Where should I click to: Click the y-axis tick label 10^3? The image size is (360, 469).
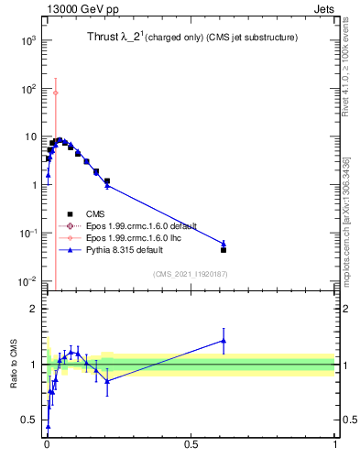[x=27, y=41]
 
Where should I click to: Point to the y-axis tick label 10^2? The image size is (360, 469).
[x=27, y=89]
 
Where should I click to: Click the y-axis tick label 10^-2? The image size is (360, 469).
[x=27, y=280]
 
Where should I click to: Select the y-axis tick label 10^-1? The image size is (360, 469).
[x=27, y=233]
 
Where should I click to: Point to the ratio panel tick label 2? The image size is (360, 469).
[x=33, y=309]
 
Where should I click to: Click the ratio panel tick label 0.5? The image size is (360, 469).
[x=28, y=420]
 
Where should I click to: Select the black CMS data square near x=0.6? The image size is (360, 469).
[x=224, y=249]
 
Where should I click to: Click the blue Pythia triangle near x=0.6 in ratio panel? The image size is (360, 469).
[x=224, y=341]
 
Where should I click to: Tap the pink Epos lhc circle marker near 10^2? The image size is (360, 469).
[x=55, y=93]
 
